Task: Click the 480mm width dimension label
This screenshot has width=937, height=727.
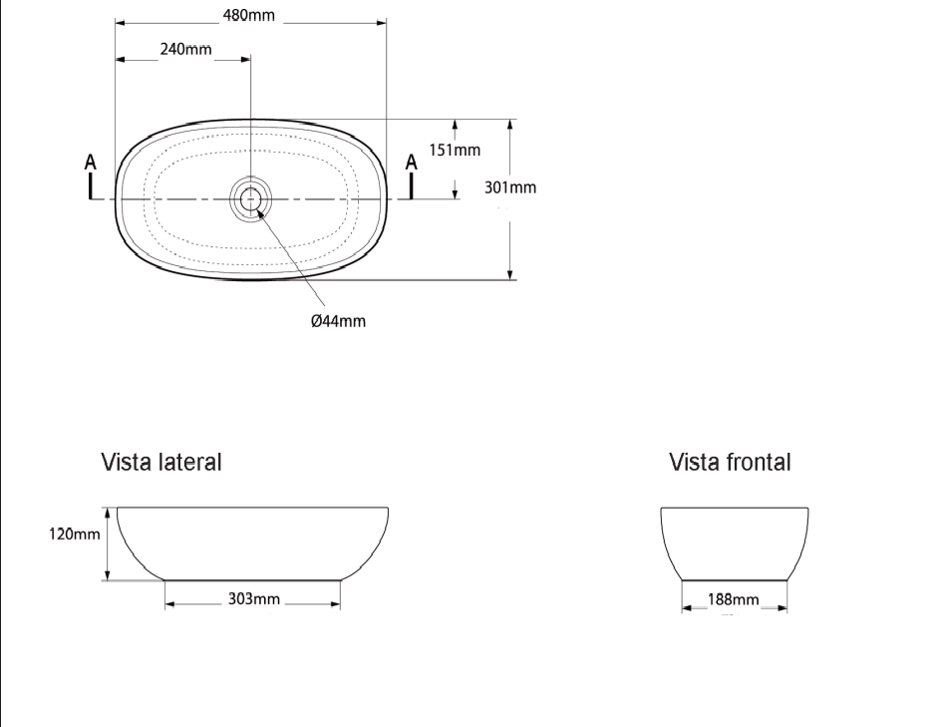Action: pyautogui.click(x=248, y=17)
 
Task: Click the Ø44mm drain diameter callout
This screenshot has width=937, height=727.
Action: pyautogui.click(x=338, y=320)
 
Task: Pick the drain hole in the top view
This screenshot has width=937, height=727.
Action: pyautogui.click(x=249, y=198)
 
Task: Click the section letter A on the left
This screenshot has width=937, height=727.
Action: pyautogui.click(x=91, y=162)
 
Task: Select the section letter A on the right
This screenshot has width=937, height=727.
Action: pyautogui.click(x=411, y=162)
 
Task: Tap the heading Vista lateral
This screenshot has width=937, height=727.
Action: pyautogui.click(x=160, y=463)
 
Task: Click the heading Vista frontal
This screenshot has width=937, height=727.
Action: pyautogui.click(x=731, y=463)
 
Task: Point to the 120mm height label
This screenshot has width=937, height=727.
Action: pyautogui.click(x=75, y=534)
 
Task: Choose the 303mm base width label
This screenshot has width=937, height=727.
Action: pyautogui.click(x=254, y=598)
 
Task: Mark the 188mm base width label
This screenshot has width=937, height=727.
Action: pyautogui.click(x=733, y=599)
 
